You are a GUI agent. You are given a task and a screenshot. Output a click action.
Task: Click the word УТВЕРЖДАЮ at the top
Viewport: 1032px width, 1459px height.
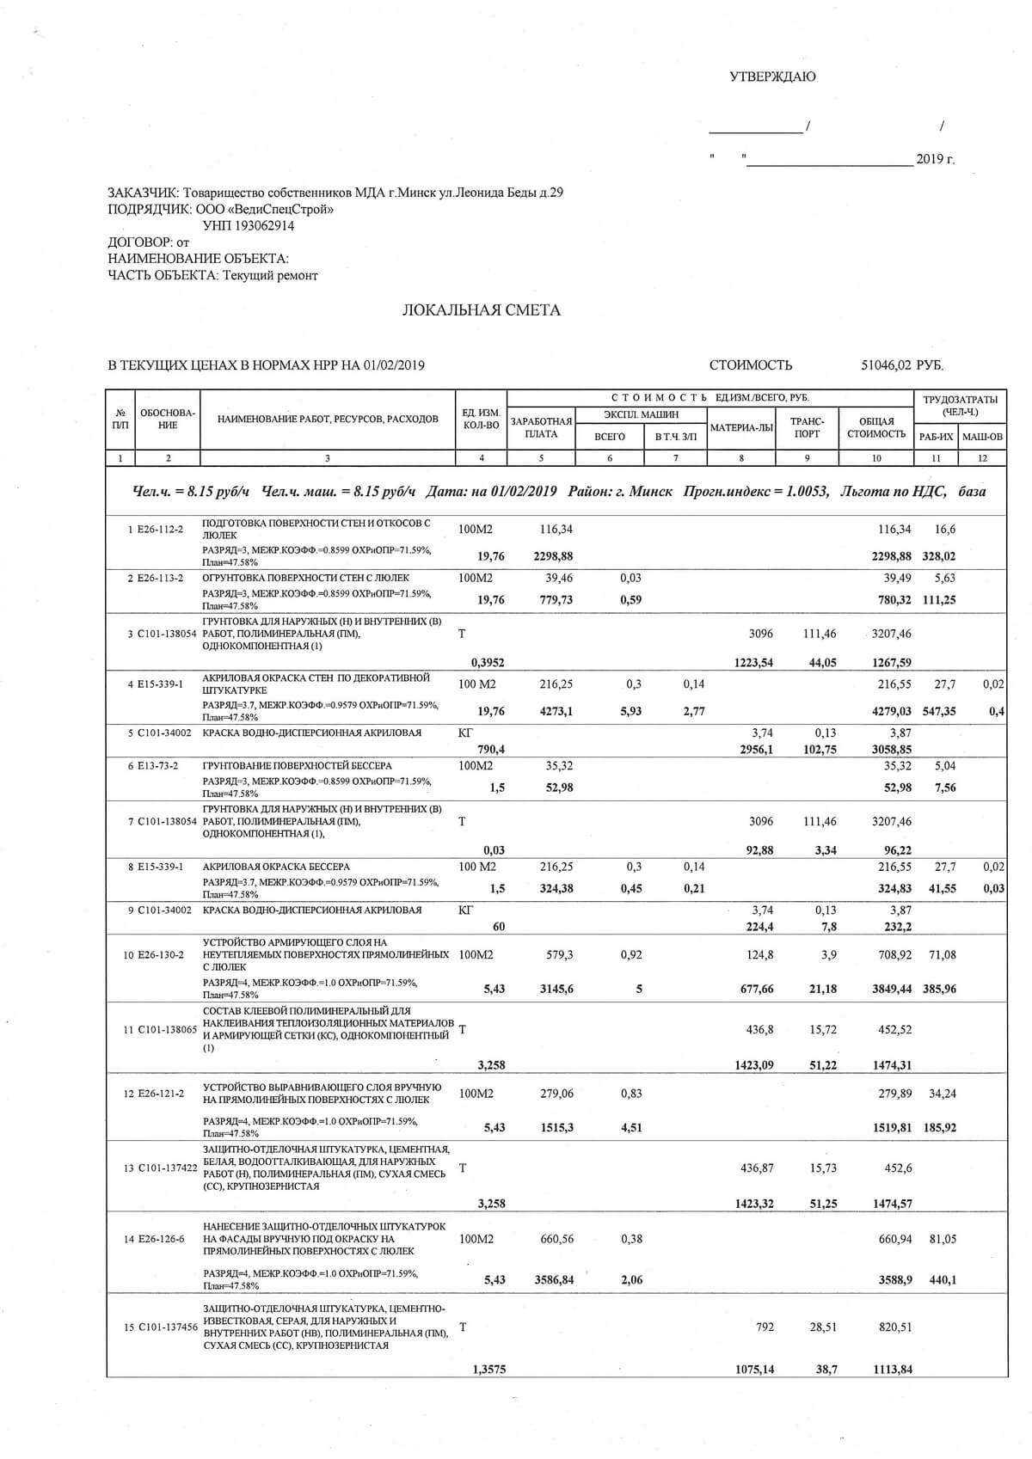coord(772,77)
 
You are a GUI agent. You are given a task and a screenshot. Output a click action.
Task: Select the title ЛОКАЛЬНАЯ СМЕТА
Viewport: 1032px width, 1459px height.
coord(481,310)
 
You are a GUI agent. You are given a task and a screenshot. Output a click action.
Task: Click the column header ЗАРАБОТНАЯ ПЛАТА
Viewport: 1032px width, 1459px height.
coord(541,427)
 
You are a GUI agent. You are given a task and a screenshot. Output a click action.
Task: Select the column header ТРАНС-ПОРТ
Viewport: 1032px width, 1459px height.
coord(808,427)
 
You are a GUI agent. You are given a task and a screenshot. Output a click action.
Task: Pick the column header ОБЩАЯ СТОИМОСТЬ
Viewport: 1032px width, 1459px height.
coord(876,427)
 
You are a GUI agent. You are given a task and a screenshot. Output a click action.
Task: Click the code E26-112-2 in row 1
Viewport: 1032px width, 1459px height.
coord(161,529)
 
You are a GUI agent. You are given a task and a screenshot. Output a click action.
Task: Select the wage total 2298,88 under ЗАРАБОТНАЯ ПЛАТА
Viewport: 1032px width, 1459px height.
coord(553,556)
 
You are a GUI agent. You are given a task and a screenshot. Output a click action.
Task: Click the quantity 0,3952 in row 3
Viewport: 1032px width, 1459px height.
coord(488,663)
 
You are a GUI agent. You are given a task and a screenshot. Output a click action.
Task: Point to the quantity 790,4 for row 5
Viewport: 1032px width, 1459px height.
coord(491,750)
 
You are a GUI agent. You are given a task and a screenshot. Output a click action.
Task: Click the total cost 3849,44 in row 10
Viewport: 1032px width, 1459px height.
coord(892,990)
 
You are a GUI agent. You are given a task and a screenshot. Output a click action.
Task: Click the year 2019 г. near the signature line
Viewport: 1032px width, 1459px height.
coord(935,159)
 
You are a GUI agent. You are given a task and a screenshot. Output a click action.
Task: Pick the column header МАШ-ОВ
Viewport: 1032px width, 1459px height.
coord(982,437)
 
